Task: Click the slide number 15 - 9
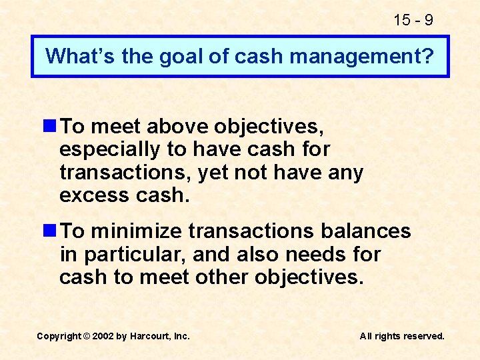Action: click(413, 20)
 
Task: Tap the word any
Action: click(346, 172)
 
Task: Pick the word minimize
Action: click(137, 231)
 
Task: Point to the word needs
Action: click(317, 254)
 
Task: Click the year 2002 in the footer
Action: click(103, 336)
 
